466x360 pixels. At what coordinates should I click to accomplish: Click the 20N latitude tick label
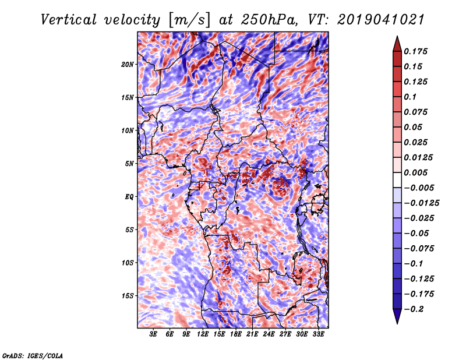(128, 64)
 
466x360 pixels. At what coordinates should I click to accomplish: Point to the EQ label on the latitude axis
(130, 197)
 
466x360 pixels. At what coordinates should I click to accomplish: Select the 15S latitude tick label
(128, 296)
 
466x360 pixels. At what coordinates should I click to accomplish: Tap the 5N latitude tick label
(130, 164)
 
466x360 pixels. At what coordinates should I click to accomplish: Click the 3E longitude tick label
(154, 334)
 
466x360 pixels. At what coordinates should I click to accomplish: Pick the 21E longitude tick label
(252, 334)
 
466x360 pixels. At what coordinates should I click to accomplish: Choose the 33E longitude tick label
(317, 334)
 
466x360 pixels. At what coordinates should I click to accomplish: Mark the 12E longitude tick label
(203, 334)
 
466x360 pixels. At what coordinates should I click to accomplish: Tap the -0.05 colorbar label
(418, 233)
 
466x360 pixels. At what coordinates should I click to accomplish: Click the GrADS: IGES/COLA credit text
(32, 355)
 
